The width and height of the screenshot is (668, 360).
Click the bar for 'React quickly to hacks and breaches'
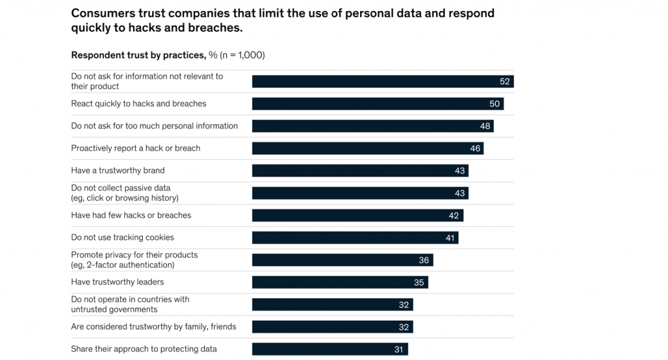[x=378, y=104]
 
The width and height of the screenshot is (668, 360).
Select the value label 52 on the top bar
[x=504, y=82]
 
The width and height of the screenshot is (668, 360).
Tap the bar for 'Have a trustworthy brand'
[x=360, y=171]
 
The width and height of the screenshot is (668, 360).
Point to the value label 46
[x=475, y=149]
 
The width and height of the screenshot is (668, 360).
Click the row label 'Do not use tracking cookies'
[x=123, y=237]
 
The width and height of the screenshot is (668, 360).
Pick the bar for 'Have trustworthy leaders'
[x=340, y=282]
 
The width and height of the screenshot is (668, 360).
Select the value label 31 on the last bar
[x=399, y=350]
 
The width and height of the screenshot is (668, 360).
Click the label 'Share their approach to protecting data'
[x=144, y=349]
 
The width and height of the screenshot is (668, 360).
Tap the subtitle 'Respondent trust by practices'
[x=138, y=55]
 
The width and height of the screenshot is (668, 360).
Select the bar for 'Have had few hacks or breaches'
[x=357, y=215]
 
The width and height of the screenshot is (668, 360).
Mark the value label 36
[x=424, y=260]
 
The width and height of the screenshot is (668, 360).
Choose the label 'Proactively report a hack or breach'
[x=136, y=148]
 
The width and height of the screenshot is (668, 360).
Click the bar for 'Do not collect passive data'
[x=360, y=193]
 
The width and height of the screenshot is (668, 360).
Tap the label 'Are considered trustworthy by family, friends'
[x=153, y=327]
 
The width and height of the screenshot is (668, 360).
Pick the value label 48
[x=485, y=126]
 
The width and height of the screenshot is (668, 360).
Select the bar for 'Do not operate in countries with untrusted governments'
[x=332, y=305]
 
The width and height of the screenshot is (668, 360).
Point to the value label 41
[x=449, y=238]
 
